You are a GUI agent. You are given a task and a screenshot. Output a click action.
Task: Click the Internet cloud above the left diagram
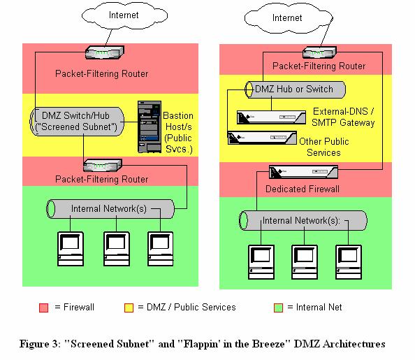point(124,15)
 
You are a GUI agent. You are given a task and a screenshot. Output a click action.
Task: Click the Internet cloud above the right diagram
point(289,18)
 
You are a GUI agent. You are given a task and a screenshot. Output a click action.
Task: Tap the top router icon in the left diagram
point(105,52)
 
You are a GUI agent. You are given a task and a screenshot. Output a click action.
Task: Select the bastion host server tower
point(150,127)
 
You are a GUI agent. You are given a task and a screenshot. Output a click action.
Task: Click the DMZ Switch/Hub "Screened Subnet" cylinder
point(77,122)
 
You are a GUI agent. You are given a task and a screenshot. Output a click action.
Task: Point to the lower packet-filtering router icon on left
point(103,165)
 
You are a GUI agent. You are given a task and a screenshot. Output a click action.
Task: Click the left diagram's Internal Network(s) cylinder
point(110,209)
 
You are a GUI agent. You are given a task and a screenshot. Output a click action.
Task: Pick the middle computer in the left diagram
point(117,249)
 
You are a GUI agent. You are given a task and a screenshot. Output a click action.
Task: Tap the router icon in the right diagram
point(319,52)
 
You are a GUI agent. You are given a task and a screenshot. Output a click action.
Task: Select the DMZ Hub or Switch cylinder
point(295,89)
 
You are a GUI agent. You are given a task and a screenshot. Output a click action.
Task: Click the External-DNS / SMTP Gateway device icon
point(271,117)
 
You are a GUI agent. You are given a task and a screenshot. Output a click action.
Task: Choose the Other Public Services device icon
point(262,138)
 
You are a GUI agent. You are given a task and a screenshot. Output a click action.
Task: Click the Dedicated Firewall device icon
point(303,172)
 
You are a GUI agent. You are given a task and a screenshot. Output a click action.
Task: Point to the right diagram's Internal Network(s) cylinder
point(303,221)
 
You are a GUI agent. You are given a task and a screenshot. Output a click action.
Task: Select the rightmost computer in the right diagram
point(349,262)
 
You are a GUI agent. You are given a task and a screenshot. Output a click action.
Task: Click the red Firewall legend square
point(44,308)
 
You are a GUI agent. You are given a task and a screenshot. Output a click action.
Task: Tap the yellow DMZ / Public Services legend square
point(129,308)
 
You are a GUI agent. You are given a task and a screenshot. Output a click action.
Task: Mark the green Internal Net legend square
point(278,308)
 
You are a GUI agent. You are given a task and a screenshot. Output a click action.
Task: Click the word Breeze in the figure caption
point(268,344)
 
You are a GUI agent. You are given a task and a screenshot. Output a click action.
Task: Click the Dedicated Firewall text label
point(303,189)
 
